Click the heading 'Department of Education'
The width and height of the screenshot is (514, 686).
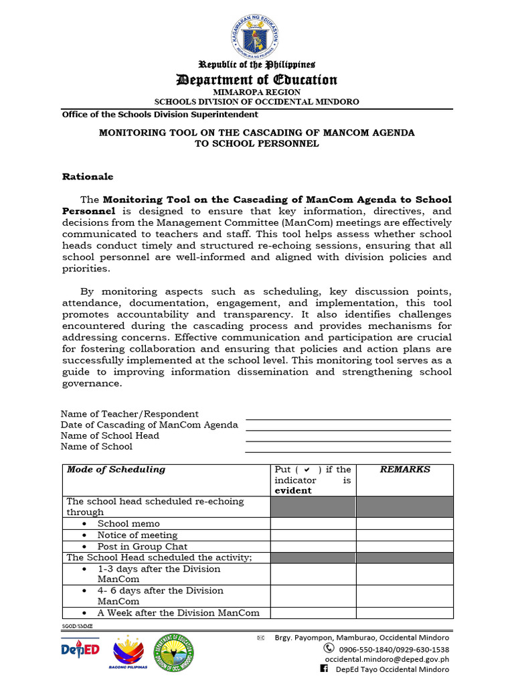point(257,80)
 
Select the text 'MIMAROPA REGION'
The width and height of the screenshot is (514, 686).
point(257,92)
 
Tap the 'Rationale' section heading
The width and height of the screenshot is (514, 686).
point(88,177)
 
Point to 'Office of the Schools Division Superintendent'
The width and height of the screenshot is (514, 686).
point(160,115)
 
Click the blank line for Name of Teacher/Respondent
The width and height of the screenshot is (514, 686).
point(348,415)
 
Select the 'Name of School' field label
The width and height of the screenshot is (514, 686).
point(96,446)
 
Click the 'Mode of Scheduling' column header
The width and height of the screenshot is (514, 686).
point(116,470)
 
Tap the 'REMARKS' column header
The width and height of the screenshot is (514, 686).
point(405,470)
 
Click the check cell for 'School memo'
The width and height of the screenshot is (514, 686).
point(313,524)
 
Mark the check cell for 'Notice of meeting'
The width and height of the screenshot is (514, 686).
point(313,535)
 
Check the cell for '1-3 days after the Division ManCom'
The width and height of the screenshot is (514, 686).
point(313,574)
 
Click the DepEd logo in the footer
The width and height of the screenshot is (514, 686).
point(80,649)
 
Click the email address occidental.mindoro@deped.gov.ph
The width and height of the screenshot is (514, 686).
point(387,659)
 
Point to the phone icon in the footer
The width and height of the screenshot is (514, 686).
point(329,648)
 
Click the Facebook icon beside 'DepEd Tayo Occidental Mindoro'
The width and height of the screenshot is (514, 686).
point(325,669)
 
